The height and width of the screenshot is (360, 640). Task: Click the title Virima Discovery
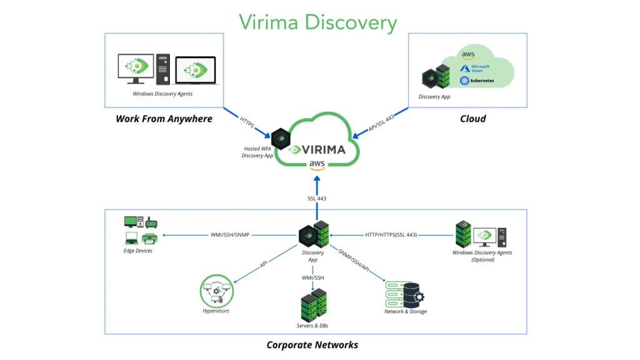click(x=318, y=22)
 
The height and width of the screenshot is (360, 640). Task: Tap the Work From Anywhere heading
click(x=164, y=119)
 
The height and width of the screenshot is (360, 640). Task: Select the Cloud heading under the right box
click(x=472, y=119)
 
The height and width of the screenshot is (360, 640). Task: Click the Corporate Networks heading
click(x=312, y=345)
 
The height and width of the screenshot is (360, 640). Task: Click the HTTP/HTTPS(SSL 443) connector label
click(x=391, y=235)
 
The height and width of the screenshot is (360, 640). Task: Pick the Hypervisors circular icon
click(x=215, y=291)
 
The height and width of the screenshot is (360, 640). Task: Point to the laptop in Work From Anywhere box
click(x=195, y=71)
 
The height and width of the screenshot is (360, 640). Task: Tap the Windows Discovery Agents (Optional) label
click(x=482, y=256)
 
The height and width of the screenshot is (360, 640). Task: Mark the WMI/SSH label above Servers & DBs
click(x=312, y=277)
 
